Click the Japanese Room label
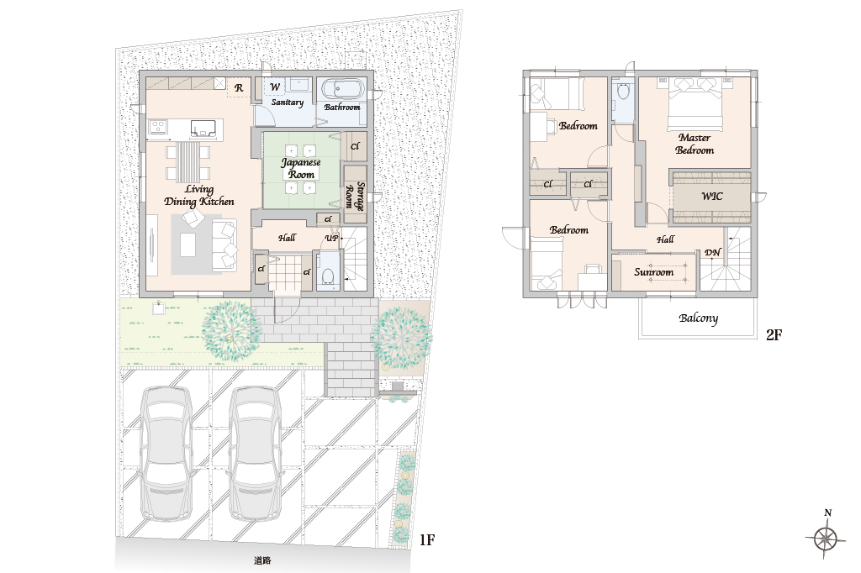(x=301, y=168)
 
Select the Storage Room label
(x=355, y=197)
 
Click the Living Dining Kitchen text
(x=198, y=196)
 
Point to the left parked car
(x=166, y=454)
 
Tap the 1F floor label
(x=426, y=540)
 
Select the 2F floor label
(x=774, y=334)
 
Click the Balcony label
(x=698, y=318)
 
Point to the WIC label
(x=711, y=196)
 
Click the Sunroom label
(x=653, y=271)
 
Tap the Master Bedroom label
(x=695, y=144)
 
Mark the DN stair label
(x=712, y=252)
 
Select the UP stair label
(x=331, y=239)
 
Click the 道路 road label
(x=262, y=560)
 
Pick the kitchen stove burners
(x=158, y=126)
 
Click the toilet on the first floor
(x=329, y=275)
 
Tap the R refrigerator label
(x=239, y=88)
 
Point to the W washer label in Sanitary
(x=275, y=87)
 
